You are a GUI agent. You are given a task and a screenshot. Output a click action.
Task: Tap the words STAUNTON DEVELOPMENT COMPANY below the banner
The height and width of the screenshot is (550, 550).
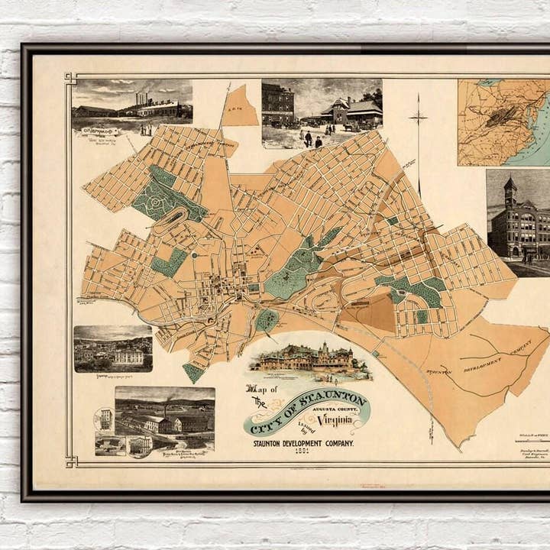click(x=303, y=442)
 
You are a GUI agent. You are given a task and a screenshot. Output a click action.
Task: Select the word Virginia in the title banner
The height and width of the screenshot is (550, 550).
click(x=337, y=419)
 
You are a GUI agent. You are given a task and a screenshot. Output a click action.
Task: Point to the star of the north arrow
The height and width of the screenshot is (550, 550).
click(x=418, y=118)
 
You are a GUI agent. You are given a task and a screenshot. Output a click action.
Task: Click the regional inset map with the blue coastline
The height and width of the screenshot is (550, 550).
click(x=503, y=122)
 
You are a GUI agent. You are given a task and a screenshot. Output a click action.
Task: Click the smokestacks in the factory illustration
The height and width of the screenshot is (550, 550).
click(x=141, y=99)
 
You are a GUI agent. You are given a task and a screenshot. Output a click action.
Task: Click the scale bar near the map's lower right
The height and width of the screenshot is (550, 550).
click(x=532, y=439)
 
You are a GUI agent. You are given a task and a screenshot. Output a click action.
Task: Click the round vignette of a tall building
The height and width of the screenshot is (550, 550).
click(x=105, y=419)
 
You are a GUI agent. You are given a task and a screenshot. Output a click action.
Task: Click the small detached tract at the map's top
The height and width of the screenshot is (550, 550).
click(x=240, y=107)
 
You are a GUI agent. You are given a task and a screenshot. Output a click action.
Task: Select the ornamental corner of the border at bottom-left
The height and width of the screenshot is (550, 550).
click(x=70, y=461)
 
